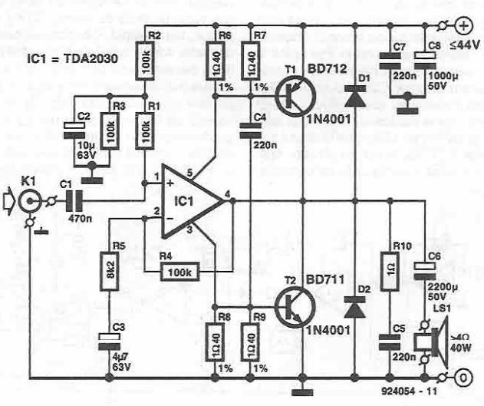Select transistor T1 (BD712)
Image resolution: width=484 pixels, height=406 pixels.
pos(295,99)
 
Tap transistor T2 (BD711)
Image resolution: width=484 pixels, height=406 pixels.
pos(295,309)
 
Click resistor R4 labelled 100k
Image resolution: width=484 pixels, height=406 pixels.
pos(179,270)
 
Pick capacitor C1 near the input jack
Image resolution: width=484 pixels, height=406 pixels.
pos(74,201)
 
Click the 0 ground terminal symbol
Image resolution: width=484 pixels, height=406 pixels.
pos(463,378)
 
